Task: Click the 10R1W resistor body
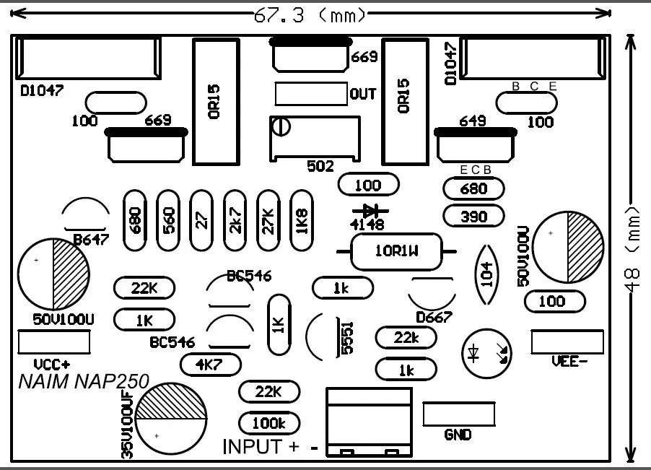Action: (396, 251)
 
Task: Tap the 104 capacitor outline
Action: (487, 274)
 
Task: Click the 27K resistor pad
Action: (268, 220)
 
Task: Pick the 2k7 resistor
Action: (235, 220)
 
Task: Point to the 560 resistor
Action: (168, 220)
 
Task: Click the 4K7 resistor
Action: (211, 365)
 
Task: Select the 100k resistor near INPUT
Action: (269, 423)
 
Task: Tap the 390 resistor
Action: (473, 217)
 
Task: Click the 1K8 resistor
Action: (302, 220)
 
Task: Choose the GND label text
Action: (458, 435)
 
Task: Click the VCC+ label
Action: (52, 365)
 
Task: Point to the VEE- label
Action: (569, 362)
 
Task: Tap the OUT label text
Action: (363, 94)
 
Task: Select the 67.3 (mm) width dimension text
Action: (310, 16)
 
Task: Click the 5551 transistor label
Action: (347, 338)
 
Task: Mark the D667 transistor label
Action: (434, 317)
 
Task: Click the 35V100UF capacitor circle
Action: (171, 419)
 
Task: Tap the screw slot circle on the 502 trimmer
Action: (281, 126)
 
